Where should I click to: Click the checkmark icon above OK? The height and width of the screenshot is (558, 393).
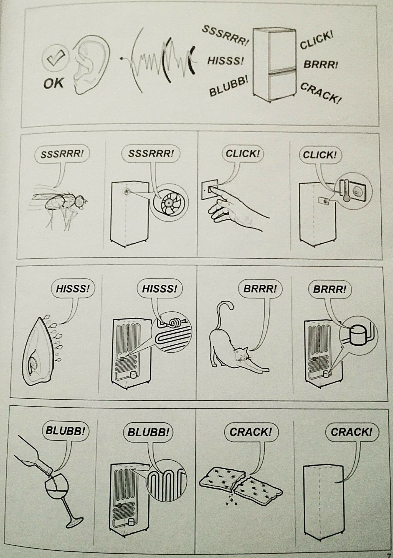(x=54, y=59)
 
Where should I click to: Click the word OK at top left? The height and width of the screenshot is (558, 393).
(x=53, y=83)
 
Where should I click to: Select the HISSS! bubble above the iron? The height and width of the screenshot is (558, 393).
(x=73, y=289)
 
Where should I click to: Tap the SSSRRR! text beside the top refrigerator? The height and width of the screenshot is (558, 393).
(x=225, y=35)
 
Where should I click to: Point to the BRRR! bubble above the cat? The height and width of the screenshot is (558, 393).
(x=260, y=289)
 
